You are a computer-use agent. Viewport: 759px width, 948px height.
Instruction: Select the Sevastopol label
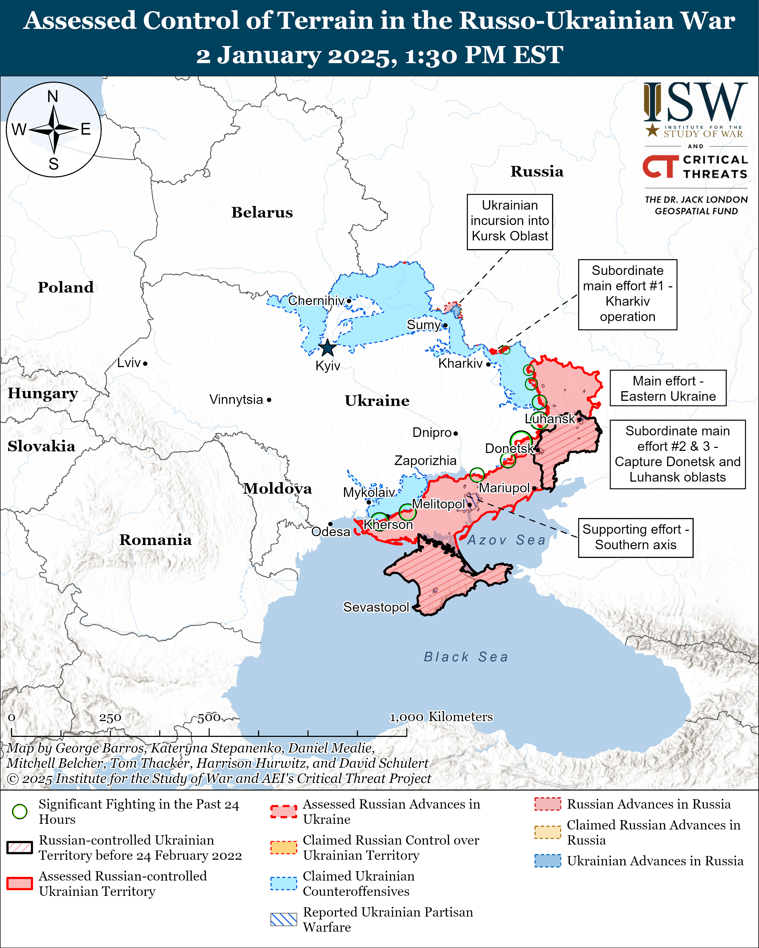tap(376, 607)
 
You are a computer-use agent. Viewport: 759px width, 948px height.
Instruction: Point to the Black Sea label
tap(466, 657)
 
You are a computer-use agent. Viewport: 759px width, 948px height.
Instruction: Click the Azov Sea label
tap(506, 540)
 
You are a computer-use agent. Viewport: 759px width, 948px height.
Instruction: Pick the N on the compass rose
tap(53, 96)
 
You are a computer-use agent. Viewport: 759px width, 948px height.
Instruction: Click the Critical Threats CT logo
tap(660, 166)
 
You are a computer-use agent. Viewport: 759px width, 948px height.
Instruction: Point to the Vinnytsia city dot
tap(269, 400)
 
